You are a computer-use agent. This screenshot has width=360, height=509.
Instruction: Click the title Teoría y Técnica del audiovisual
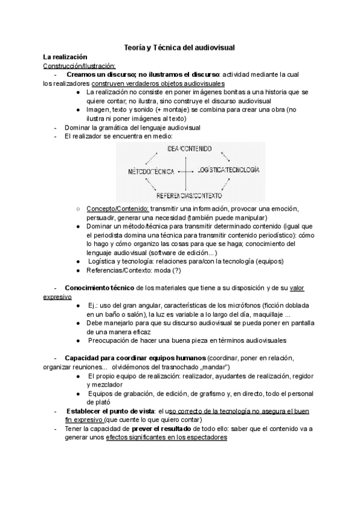pos(180,46)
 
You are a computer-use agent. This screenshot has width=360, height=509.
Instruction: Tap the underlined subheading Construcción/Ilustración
pos(75,65)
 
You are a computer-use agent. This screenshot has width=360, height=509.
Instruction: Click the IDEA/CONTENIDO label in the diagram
pos(184,148)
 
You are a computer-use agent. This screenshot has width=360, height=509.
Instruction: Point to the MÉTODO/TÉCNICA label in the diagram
pos(151,172)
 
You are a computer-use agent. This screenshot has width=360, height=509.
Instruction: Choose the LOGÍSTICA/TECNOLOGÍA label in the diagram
pos(228,170)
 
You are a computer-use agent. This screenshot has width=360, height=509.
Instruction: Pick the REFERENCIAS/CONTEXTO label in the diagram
pos(189,196)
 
